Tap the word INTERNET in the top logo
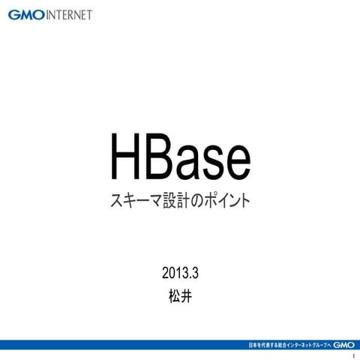coord(69,16)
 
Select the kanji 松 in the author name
coord(173,295)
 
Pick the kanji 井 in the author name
coord(187,295)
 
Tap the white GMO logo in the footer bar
coord(343,344)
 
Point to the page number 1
coord(352,355)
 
